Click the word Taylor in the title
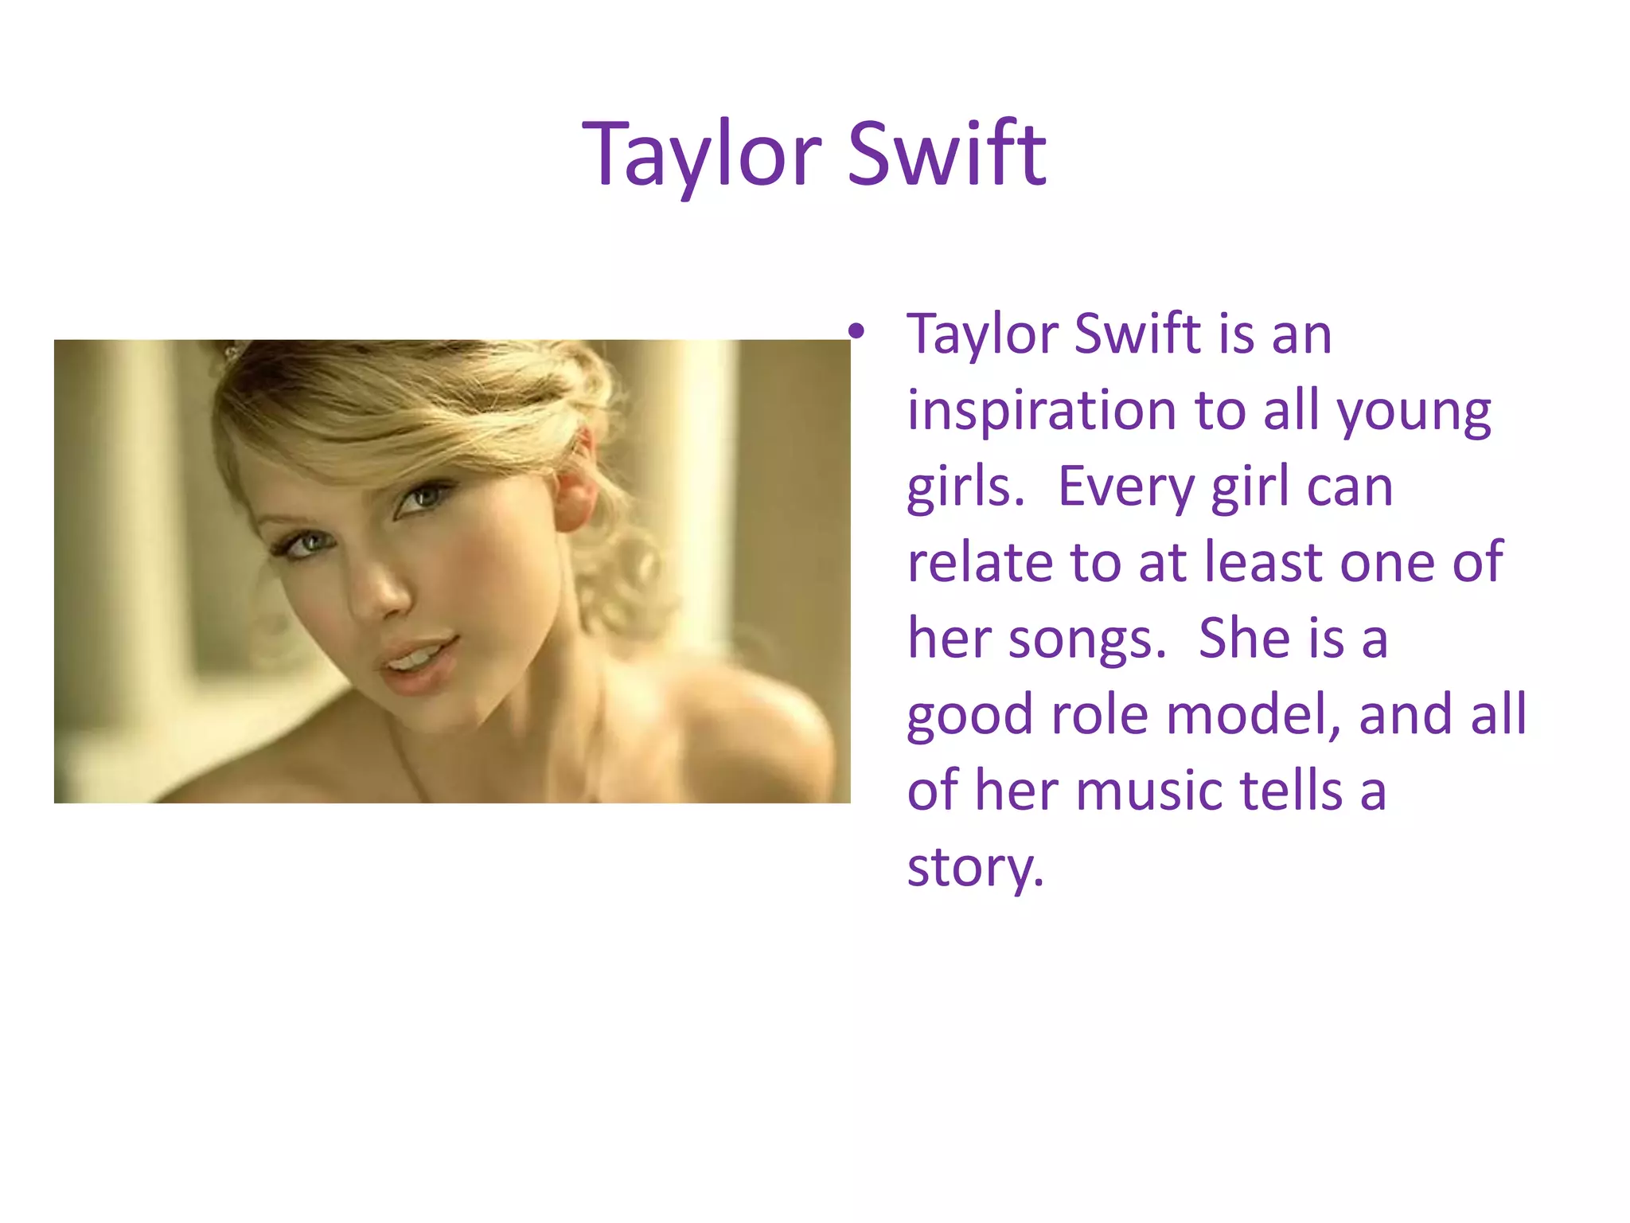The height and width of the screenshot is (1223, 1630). coord(700,155)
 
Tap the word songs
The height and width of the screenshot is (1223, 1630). coord(1086,639)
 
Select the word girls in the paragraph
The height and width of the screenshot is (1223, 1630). coord(965,487)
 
